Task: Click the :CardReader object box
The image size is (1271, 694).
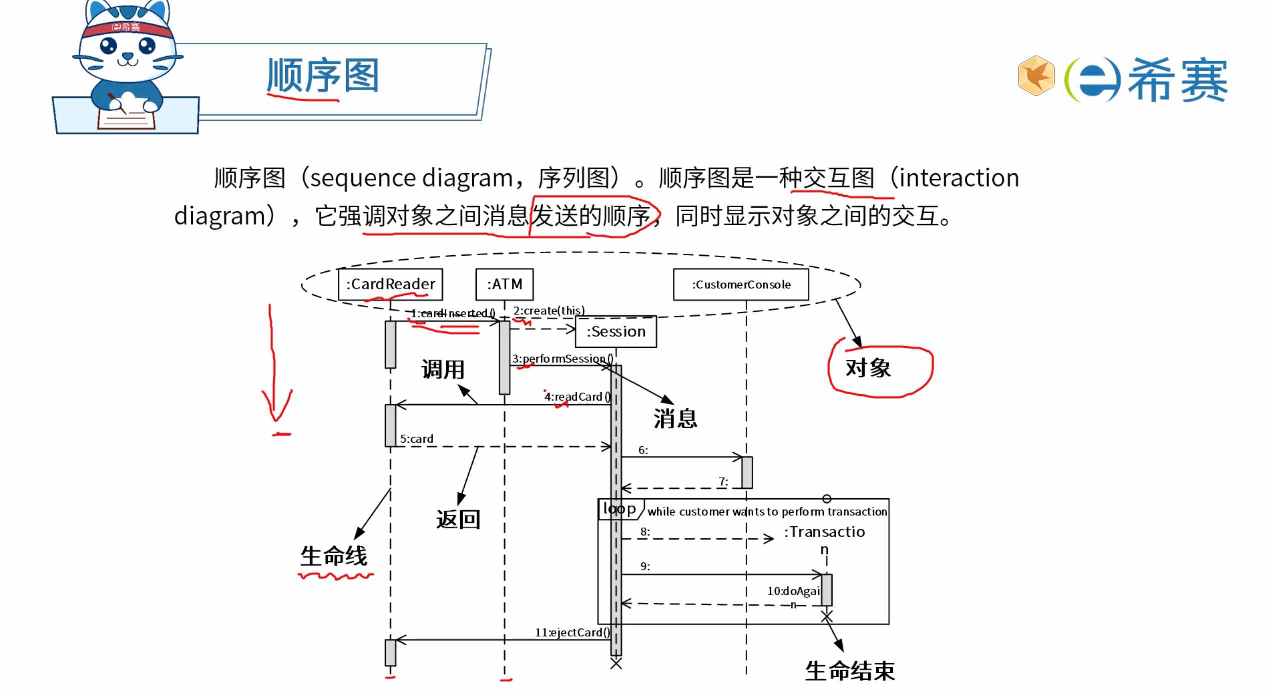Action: [390, 284]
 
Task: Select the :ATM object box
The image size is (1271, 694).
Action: [504, 284]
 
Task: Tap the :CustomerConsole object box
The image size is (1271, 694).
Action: [741, 285]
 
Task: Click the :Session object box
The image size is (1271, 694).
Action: [616, 332]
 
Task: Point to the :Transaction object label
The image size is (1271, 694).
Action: [824, 533]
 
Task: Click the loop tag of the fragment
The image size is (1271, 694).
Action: [619, 509]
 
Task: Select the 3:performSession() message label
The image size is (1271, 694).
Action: [562, 359]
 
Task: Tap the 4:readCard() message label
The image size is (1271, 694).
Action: [577, 397]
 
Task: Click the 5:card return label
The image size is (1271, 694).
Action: [416, 439]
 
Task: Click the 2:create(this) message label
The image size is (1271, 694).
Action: [549, 311]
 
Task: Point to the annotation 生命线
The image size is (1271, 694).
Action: [334, 556]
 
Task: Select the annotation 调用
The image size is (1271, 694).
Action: [443, 370]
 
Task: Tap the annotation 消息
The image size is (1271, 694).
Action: [675, 418]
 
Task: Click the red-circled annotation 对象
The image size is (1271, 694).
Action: [868, 368]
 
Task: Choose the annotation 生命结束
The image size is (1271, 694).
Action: [850, 671]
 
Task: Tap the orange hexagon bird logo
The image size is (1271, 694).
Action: [1036, 76]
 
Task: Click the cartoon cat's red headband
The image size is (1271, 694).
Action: [128, 28]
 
